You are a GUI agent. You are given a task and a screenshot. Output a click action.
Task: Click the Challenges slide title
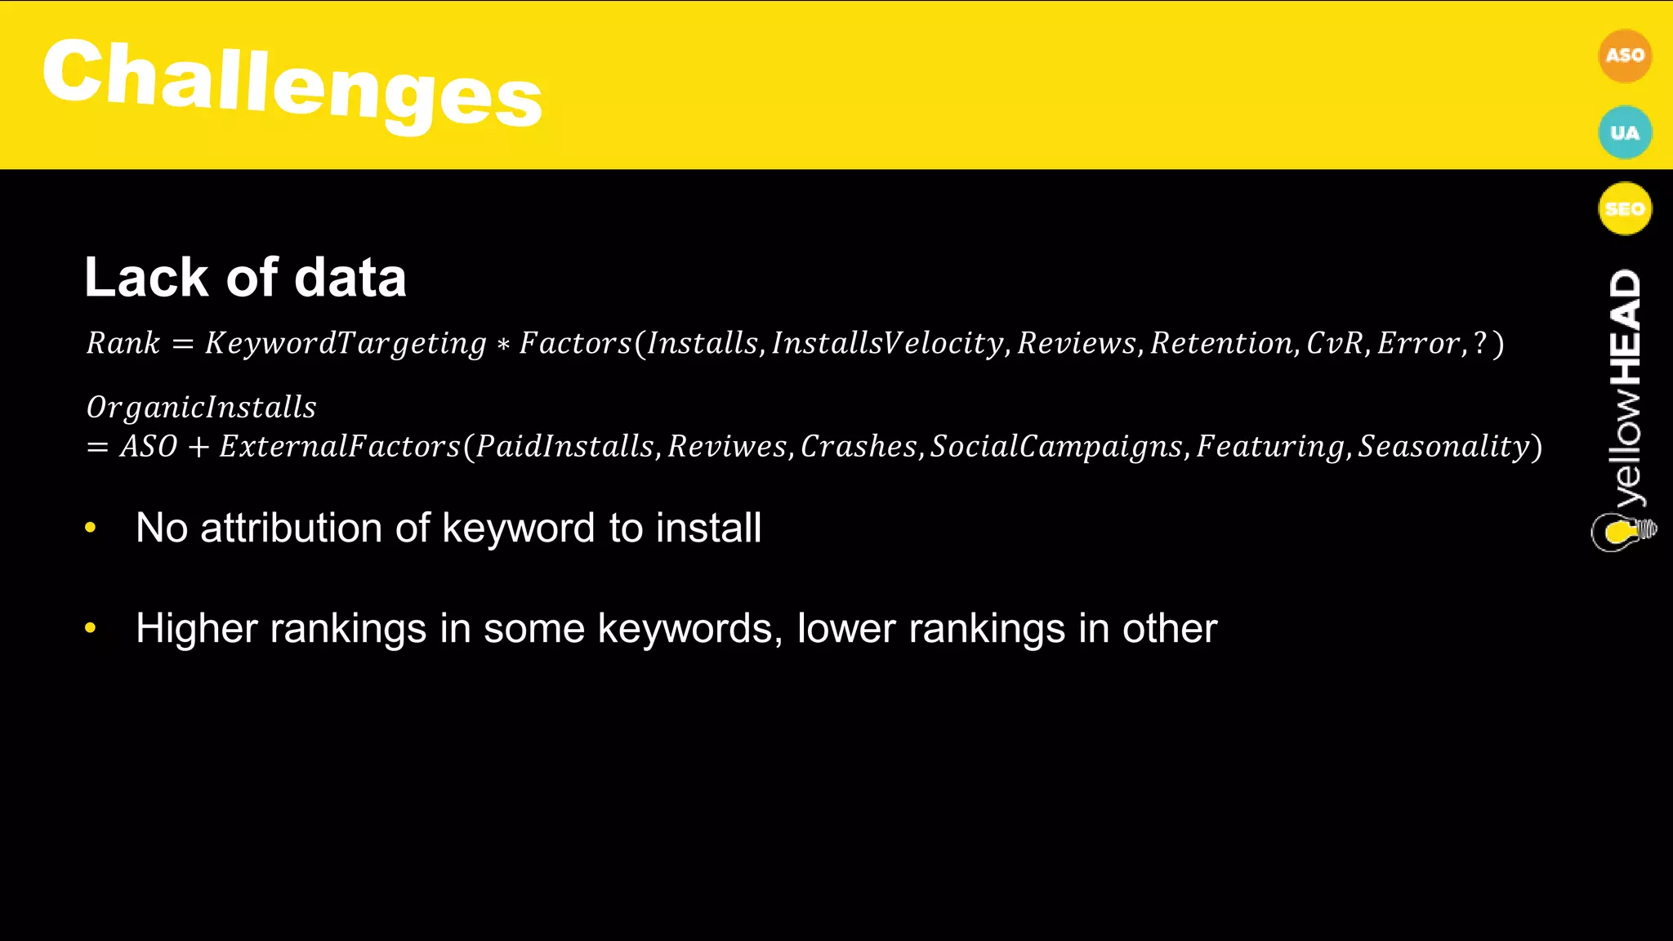pyautogui.click(x=292, y=82)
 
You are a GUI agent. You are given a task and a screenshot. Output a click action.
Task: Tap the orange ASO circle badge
pyautogui.click(x=1624, y=56)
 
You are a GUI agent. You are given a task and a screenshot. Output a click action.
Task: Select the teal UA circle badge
pyautogui.click(x=1624, y=132)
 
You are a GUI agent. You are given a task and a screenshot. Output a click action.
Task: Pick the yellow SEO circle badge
pyautogui.click(x=1624, y=208)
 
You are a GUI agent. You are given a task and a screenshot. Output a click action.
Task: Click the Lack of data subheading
pyautogui.click(x=245, y=278)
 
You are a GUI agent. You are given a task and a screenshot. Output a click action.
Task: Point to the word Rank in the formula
pyautogui.click(x=123, y=343)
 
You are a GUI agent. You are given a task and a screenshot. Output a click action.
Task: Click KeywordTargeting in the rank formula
pyautogui.click(x=346, y=343)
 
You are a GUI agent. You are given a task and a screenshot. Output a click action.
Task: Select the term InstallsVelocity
pyautogui.click(x=887, y=343)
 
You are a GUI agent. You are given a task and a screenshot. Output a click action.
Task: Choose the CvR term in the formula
pyautogui.click(x=1335, y=343)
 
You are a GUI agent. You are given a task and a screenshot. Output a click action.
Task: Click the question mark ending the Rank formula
pyautogui.click(x=1479, y=343)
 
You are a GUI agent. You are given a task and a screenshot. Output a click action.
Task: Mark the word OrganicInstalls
pyautogui.click(x=201, y=407)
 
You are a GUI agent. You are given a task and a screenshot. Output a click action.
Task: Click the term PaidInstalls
pyautogui.click(x=564, y=446)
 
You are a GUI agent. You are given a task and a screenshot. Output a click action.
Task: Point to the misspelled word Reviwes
pyautogui.click(x=727, y=446)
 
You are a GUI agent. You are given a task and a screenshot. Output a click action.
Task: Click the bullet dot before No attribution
pyautogui.click(x=91, y=528)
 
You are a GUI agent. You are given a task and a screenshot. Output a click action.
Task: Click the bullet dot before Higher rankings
pyautogui.click(x=91, y=628)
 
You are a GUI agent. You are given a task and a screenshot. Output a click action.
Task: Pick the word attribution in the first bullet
pyautogui.click(x=292, y=528)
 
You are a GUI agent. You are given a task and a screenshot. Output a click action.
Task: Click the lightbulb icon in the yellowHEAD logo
pyautogui.click(x=1622, y=533)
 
